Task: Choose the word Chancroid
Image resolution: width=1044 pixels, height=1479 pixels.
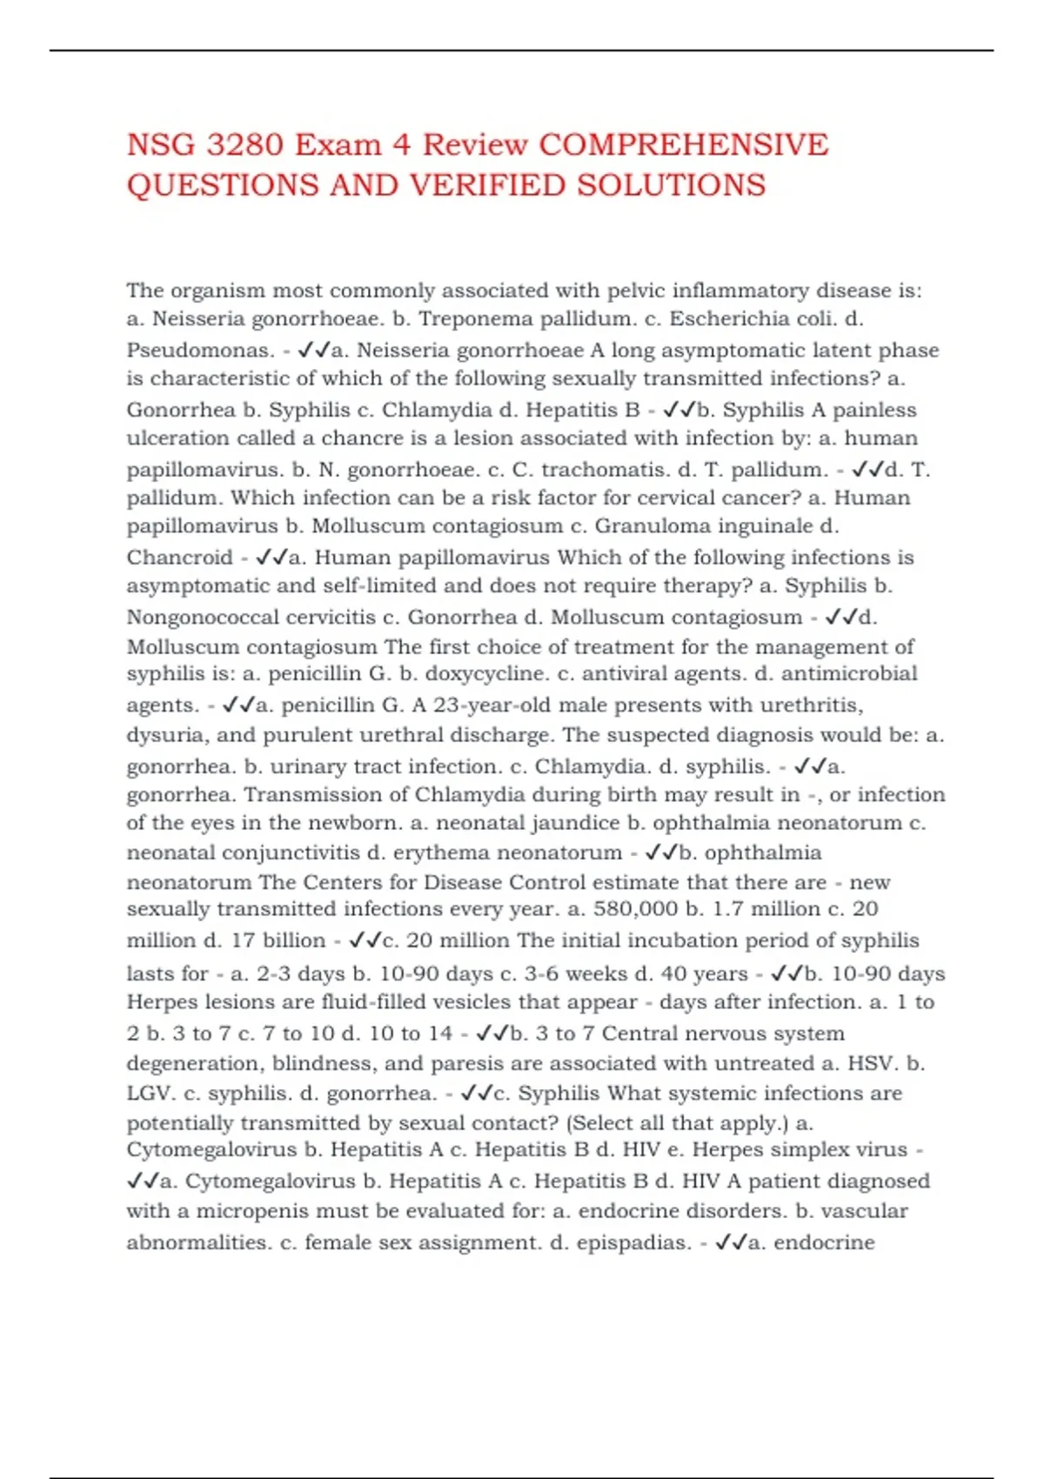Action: click(180, 558)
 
